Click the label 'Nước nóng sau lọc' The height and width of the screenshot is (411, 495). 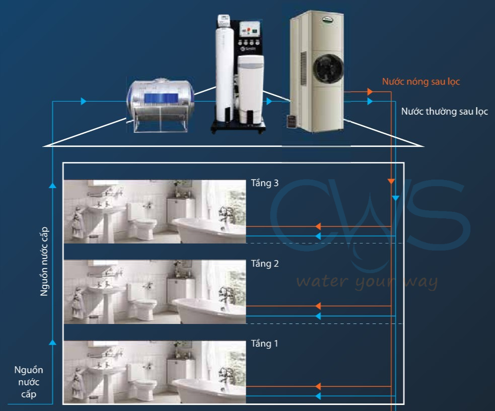click(420, 81)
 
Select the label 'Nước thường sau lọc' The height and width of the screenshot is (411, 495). click(444, 111)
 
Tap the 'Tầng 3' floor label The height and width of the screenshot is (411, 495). click(264, 183)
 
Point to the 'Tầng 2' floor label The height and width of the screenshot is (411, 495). click(264, 264)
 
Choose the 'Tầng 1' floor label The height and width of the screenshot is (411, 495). click(264, 344)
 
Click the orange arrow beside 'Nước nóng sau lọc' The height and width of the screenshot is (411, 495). click(370, 92)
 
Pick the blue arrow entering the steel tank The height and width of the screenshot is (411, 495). click(84, 102)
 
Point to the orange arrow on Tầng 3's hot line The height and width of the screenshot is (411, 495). click(318, 226)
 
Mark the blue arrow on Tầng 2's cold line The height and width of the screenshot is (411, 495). click(318, 316)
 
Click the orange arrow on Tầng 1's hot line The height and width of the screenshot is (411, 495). click(318, 386)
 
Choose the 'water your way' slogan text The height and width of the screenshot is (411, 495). click(367, 282)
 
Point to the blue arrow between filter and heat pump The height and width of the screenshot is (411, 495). click(270, 102)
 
